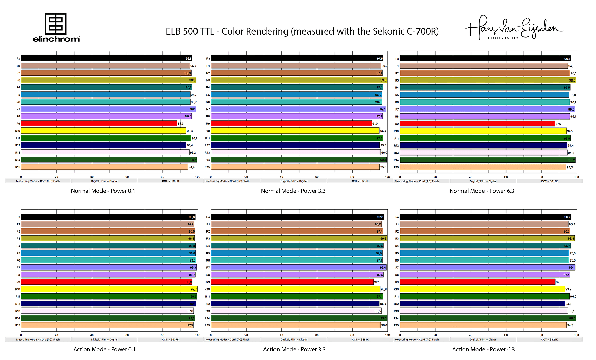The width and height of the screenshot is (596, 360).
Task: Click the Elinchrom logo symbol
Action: [56, 23]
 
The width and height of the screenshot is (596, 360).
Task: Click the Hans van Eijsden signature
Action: [515, 27]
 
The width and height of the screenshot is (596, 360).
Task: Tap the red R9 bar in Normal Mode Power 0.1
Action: [99, 124]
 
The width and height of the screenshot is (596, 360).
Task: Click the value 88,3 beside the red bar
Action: [181, 124]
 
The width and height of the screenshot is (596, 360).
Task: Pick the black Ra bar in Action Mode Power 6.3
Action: [485, 217]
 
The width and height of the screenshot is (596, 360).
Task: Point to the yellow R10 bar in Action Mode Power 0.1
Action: [109, 289]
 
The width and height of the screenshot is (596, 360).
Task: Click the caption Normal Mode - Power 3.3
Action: [293, 191]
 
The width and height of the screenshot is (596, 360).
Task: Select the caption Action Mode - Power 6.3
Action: [483, 349]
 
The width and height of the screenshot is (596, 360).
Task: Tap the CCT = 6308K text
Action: [171, 181]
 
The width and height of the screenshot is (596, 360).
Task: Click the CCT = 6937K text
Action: [171, 340]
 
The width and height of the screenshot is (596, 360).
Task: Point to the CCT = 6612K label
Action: [549, 181]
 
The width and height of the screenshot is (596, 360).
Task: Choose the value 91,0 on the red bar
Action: [375, 124]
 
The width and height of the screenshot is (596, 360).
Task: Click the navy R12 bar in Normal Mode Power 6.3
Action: [483, 145]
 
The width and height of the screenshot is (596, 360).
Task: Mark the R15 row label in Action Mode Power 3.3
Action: [207, 325]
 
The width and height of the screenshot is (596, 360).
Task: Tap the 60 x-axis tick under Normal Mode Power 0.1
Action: [127, 177]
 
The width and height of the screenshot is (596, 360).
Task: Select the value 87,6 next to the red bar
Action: [558, 124]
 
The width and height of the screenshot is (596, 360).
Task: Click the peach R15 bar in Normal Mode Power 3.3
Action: [295, 167]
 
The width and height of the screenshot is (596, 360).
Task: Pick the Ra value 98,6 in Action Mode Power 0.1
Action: [192, 217]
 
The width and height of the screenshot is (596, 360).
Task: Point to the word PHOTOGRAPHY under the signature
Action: [502, 38]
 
